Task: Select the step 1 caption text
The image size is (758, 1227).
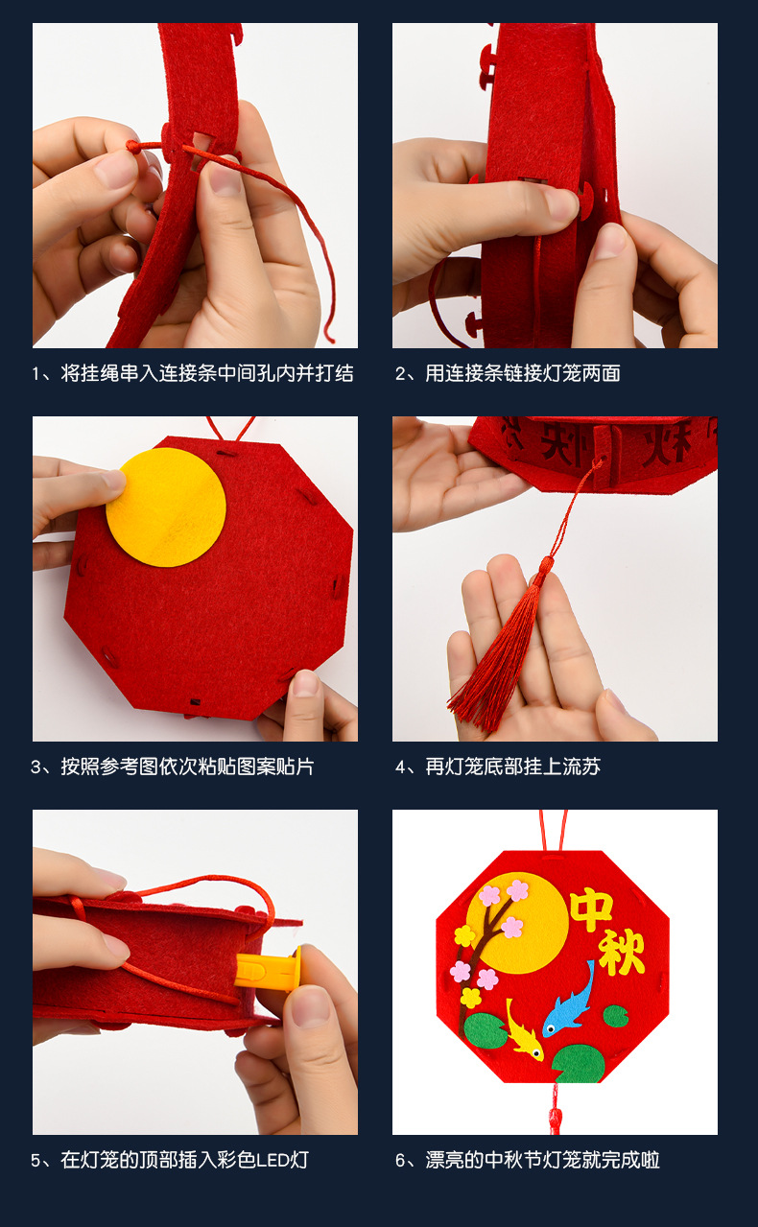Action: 193,373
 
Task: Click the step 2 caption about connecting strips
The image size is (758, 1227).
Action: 508,373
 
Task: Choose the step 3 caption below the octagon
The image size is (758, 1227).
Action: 173,767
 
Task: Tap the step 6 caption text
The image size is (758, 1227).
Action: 528,1160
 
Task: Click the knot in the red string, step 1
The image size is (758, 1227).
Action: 134,146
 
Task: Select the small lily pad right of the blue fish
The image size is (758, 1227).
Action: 616,1015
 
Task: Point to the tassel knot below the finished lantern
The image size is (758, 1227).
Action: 554,1118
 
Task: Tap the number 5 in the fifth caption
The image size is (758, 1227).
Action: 36,1161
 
